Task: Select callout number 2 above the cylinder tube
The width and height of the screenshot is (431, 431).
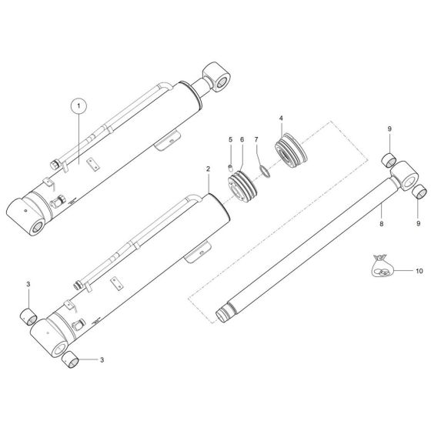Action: pyautogui.click(x=208, y=168)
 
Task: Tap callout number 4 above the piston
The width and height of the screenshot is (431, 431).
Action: pyautogui.click(x=282, y=118)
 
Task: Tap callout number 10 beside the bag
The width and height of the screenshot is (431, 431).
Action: pyautogui.click(x=419, y=272)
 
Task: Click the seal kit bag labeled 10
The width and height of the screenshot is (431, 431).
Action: pyautogui.click(x=383, y=267)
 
